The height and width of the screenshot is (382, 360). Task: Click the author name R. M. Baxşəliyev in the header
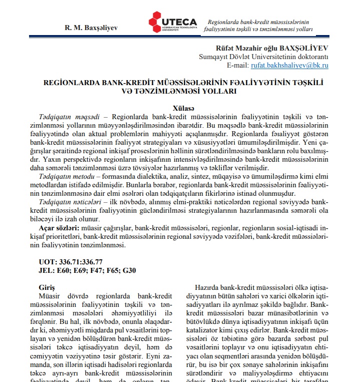pyautogui.click(x=91, y=28)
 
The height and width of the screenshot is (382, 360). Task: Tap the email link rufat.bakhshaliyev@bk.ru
pyautogui.click(x=289, y=65)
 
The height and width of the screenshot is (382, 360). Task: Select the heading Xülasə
pyautogui.click(x=183, y=108)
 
